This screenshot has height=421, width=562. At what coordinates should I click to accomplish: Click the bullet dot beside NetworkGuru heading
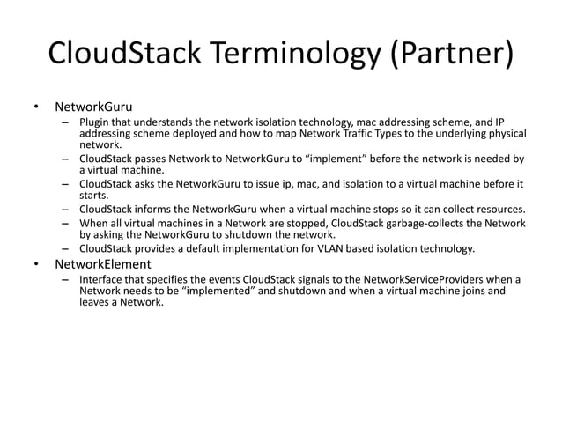[x=36, y=107]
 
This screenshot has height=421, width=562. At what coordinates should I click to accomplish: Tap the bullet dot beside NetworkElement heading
[x=36, y=264]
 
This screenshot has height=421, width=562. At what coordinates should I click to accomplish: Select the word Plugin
[x=95, y=122]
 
